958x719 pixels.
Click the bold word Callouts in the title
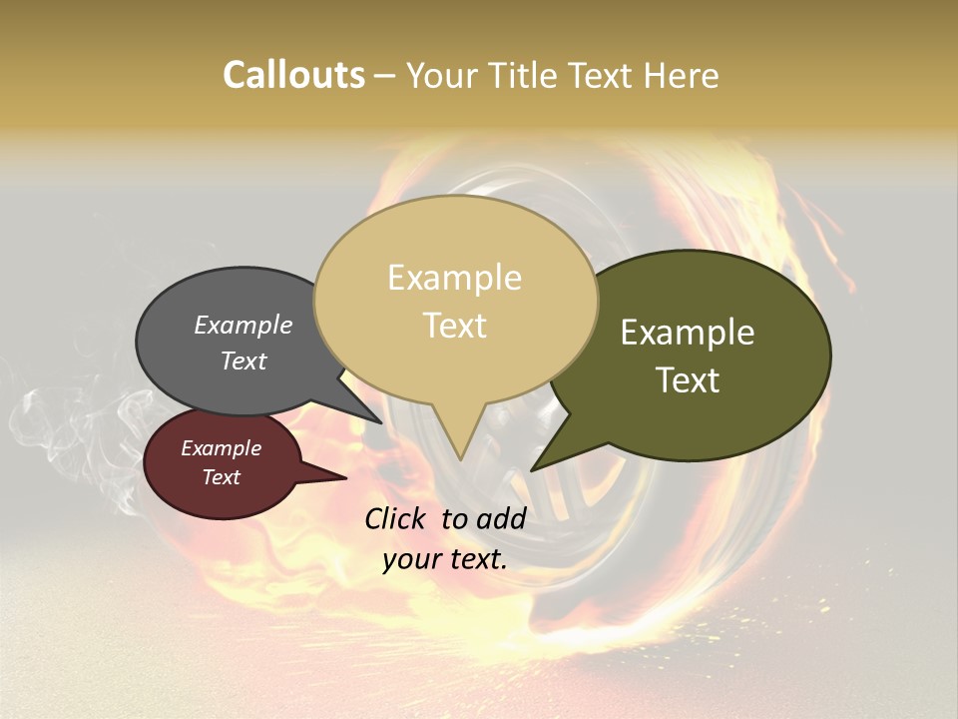(293, 75)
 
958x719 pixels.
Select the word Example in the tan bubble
(454, 278)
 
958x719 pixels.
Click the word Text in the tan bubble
(454, 326)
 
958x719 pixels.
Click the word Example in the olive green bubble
(688, 333)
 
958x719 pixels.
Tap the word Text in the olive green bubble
(688, 380)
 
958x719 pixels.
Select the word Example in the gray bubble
(242, 326)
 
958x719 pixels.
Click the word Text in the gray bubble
(242, 360)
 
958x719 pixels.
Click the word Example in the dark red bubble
(221, 448)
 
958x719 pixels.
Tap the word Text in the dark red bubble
(221, 477)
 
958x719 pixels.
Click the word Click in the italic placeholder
(397, 518)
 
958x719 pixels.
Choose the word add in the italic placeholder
(500, 518)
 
